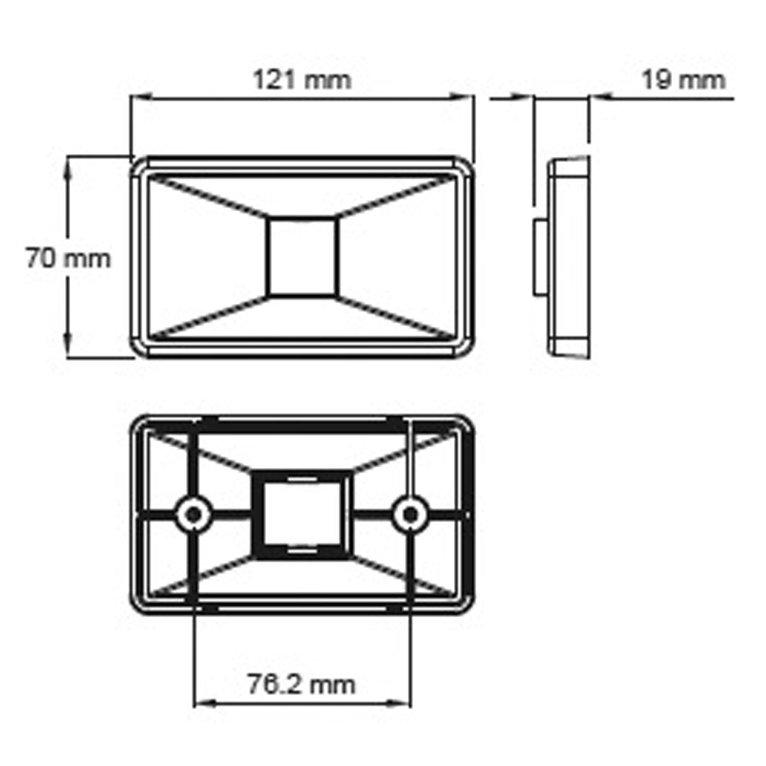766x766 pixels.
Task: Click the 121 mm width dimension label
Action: click(x=302, y=81)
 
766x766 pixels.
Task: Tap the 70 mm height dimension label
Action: click(x=68, y=259)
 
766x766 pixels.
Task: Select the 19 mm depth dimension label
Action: click(x=683, y=81)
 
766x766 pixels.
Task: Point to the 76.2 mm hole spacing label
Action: click(x=301, y=684)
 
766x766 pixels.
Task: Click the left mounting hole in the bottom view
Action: click(x=191, y=512)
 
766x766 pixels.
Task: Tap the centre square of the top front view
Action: click(x=302, y=257)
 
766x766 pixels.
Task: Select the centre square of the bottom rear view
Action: click(x=302, y=514)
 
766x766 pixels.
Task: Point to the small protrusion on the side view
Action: click(x=539, y=257)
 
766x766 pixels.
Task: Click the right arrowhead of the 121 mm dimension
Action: click(x=467, y=98)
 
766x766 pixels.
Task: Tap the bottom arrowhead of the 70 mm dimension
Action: click(x=69, y=351)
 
